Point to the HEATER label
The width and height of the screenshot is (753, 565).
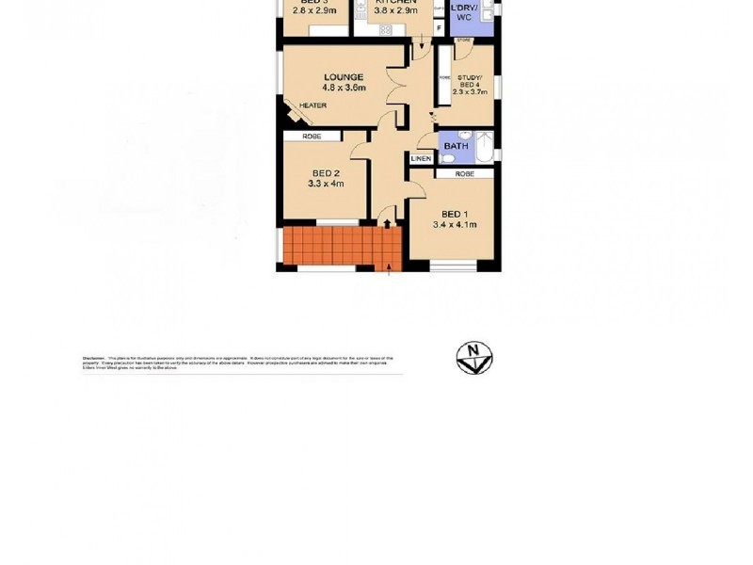[313, 105]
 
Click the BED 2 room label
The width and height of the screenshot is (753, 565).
[325, 173]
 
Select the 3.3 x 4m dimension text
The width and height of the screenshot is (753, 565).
[325, 184]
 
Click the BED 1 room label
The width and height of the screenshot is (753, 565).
[455, 213]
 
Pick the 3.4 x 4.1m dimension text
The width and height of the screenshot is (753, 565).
[455, 224]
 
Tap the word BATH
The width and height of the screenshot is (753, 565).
[456, 146]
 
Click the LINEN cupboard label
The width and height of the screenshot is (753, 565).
[421, 158]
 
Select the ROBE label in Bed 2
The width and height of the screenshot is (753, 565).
[312, 137]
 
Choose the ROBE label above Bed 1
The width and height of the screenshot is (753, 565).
[464, 174]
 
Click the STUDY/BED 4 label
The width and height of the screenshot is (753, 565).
[469, 81]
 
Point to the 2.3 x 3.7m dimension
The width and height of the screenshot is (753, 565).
[469, 92]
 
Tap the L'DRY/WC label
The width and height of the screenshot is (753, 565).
[465, 12]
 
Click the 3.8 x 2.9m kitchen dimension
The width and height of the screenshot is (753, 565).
[395, 12]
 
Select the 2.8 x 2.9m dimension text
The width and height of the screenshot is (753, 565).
[313, 12]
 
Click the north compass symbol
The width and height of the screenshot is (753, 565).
[474, 358]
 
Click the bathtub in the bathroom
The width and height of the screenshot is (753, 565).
[484, 148]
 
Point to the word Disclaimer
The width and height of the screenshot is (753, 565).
[93, 359]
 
